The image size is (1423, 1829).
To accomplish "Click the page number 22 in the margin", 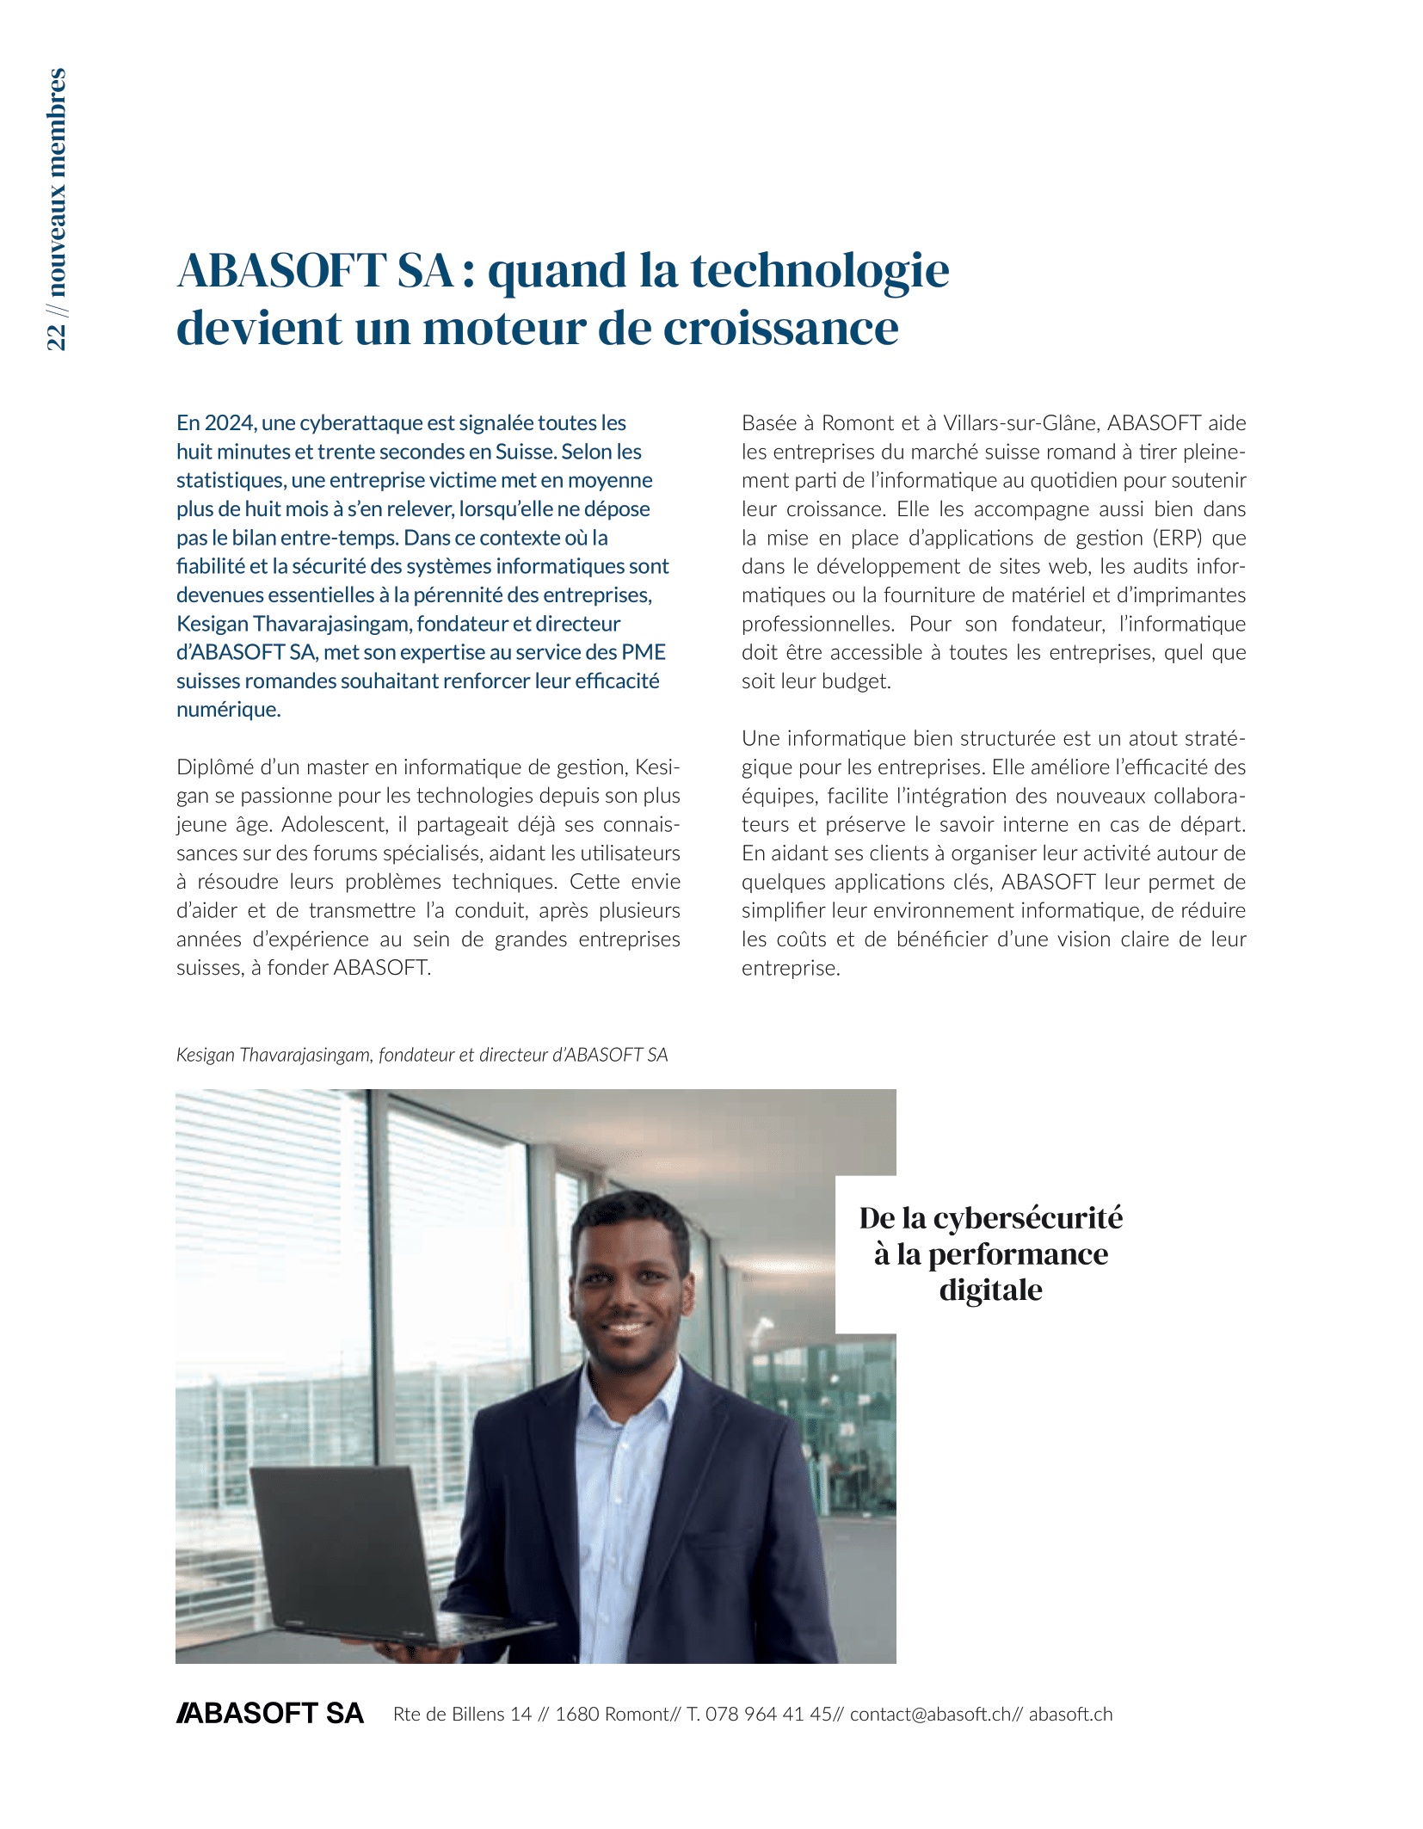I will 57,336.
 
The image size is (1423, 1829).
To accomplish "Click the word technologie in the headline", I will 820,271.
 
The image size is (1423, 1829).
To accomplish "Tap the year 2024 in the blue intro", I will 229,423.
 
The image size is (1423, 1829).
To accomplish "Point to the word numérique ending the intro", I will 228,710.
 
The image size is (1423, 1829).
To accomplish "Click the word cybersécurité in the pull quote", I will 1028,1219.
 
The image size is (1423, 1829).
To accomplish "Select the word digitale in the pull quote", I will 990,1290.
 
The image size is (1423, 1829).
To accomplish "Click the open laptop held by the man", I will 344,1540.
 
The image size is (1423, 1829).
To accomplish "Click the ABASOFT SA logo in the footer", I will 270,1714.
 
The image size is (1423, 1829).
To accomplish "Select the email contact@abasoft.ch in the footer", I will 930,1715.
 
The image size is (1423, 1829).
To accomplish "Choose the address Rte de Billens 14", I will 462,1715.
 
